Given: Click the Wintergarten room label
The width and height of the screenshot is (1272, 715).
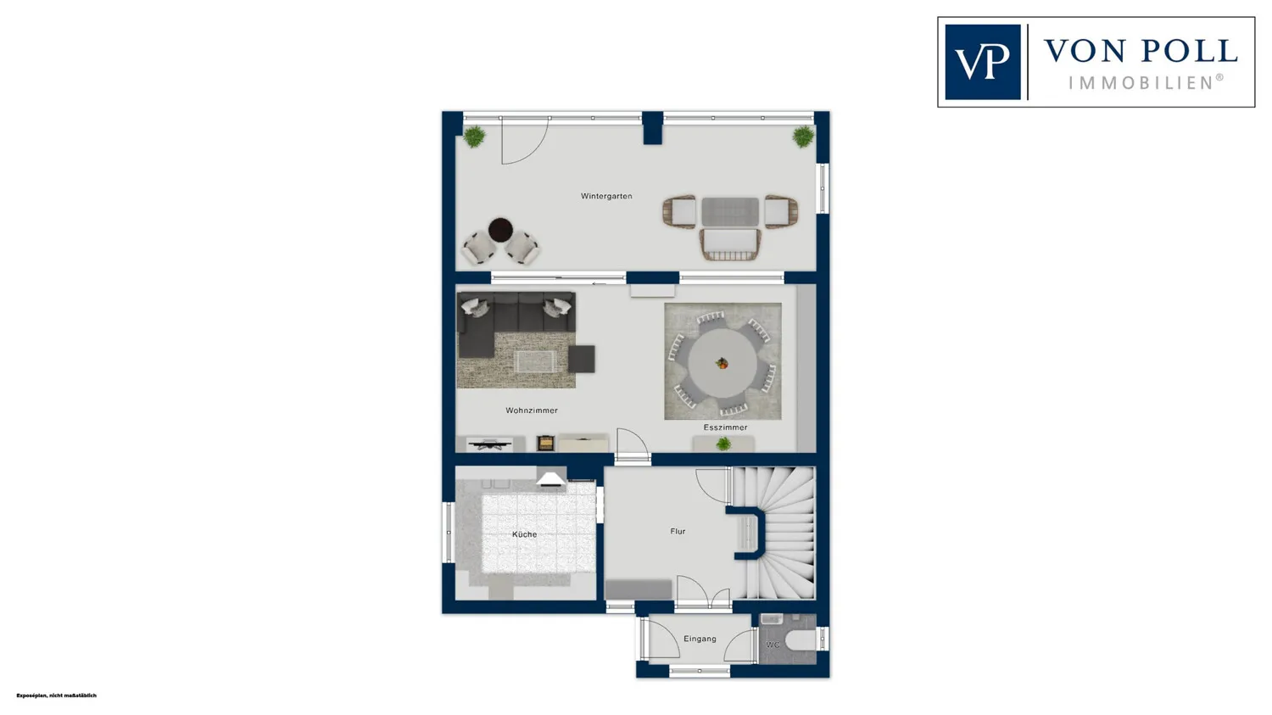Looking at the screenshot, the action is (606, 196).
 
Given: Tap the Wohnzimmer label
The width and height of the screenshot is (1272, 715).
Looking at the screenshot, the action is (532, 410).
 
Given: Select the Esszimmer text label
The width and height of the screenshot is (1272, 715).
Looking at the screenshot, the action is (725, 427).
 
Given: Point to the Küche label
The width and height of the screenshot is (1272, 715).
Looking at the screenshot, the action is (524, 533).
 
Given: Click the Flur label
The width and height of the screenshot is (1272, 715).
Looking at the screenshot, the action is (678, 531).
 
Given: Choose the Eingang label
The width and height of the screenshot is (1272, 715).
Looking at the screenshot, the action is (700, 639).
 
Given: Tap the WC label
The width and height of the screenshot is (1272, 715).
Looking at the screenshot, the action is (773, 645).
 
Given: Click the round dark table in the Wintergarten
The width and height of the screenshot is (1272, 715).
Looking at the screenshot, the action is (500, 230).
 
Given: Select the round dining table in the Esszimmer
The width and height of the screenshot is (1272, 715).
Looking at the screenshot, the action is (722, 363).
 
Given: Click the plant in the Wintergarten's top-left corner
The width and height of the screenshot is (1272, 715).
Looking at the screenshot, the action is (473, 137).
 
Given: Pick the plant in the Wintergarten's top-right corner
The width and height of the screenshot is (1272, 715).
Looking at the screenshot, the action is (803, 137).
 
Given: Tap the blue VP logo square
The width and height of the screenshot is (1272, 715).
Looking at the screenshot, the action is (982, 62).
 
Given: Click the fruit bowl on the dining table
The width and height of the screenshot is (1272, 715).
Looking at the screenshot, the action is (722, 363).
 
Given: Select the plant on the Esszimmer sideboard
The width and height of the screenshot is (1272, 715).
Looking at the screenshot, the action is (722, 444).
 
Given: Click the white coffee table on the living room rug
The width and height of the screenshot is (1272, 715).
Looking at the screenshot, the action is (534, 361).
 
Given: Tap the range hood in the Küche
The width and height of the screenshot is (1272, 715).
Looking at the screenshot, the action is (551, 478).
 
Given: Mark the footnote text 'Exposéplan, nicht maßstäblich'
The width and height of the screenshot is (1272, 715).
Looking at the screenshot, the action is (56, 695).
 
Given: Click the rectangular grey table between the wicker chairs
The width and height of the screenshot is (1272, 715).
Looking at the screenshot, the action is (729, 212).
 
